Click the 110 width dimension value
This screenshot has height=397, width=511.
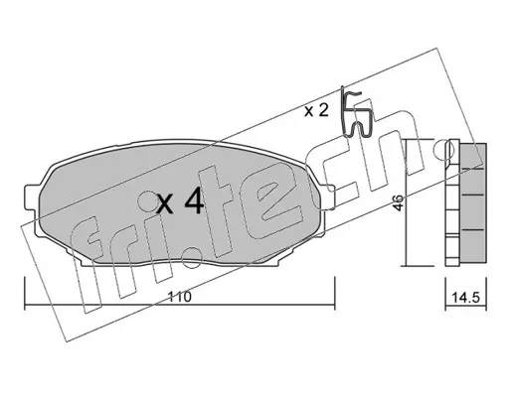tap(180, 297)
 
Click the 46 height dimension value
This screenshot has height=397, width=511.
tap(399, 202)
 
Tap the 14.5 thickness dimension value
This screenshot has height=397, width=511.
tap(466, 298)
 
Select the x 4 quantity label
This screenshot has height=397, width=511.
tap(180, 200)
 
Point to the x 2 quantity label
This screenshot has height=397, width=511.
tap(316, 110)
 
